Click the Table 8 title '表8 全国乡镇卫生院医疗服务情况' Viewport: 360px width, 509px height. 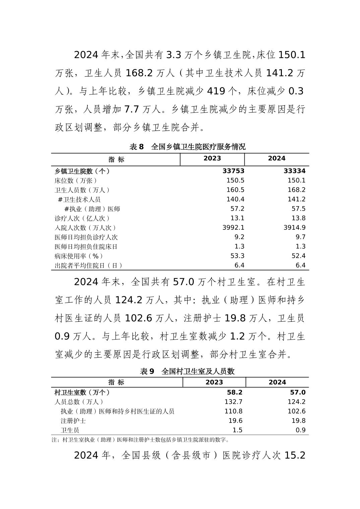tap(187, 147)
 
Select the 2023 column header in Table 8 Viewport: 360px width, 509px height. tap(212, 158)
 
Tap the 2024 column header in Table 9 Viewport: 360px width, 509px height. tap(277, 382)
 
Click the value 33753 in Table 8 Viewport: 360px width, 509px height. tap(233, 171)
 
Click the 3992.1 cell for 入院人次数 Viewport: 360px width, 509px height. tap(233, 227)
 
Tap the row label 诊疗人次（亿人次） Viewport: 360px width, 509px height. tap(82, 218)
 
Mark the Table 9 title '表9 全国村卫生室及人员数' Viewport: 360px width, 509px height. tap(187, 371)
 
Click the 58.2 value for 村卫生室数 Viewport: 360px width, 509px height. tap(234, 392)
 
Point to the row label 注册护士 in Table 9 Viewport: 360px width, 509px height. tap(73, 421)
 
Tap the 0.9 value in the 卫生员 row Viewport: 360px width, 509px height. tap(301, 430)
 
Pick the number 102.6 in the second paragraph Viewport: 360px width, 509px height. tap(138, 318)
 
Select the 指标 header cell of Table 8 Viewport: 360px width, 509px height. tap(116, 159)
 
